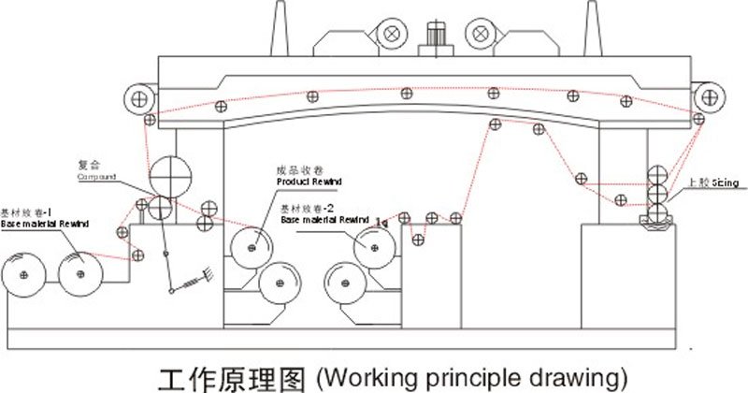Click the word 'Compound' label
click(95, 175)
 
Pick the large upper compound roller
click(168, 171)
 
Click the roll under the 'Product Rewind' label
click(252, 246)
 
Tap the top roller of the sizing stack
click(657, 174)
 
